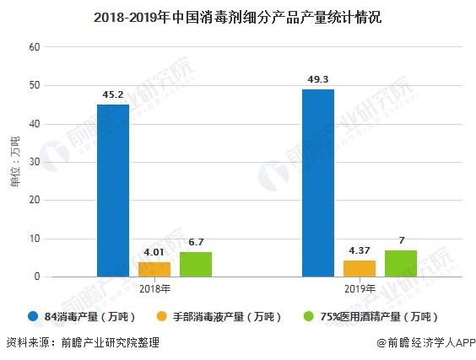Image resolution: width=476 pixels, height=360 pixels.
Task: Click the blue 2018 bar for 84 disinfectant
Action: (113, 190)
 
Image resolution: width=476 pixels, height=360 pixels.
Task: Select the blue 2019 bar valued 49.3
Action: (318, 182)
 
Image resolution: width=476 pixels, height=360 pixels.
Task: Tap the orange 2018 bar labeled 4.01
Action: (154, 269)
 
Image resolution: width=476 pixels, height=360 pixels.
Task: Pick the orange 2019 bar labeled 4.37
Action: (360, 268)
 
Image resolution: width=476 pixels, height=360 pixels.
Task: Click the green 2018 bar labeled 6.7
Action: (196, 264)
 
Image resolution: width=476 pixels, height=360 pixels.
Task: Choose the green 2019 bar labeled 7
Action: (401, 263)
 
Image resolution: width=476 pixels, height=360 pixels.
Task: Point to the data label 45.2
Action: (113, 94)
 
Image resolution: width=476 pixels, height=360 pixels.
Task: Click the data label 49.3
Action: (318, 78)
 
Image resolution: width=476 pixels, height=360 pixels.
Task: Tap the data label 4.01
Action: (154, 251)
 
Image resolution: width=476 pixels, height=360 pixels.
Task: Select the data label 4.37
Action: (360, 250)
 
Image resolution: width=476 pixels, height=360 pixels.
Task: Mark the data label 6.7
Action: (196, 242)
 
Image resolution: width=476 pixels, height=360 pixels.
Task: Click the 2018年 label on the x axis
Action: (154, 288)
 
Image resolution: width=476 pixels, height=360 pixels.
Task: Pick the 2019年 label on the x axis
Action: (360, 288)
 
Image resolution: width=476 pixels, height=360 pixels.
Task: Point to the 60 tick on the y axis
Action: (35, 47)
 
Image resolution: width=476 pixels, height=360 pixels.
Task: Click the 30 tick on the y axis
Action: (35, 162)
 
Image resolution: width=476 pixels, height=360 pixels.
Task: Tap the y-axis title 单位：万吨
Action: (14, 162)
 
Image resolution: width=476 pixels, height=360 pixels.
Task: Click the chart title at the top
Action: (238, 16)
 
